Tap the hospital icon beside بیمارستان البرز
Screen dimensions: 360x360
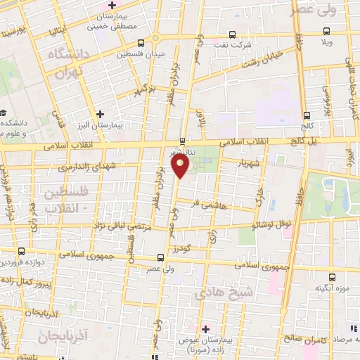[100, 114]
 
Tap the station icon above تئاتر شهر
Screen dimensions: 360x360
[183, 140]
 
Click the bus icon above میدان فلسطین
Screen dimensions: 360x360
[142, 44]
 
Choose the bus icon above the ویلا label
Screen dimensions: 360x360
[326, 30]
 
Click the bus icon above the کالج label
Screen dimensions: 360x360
[306, 115]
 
